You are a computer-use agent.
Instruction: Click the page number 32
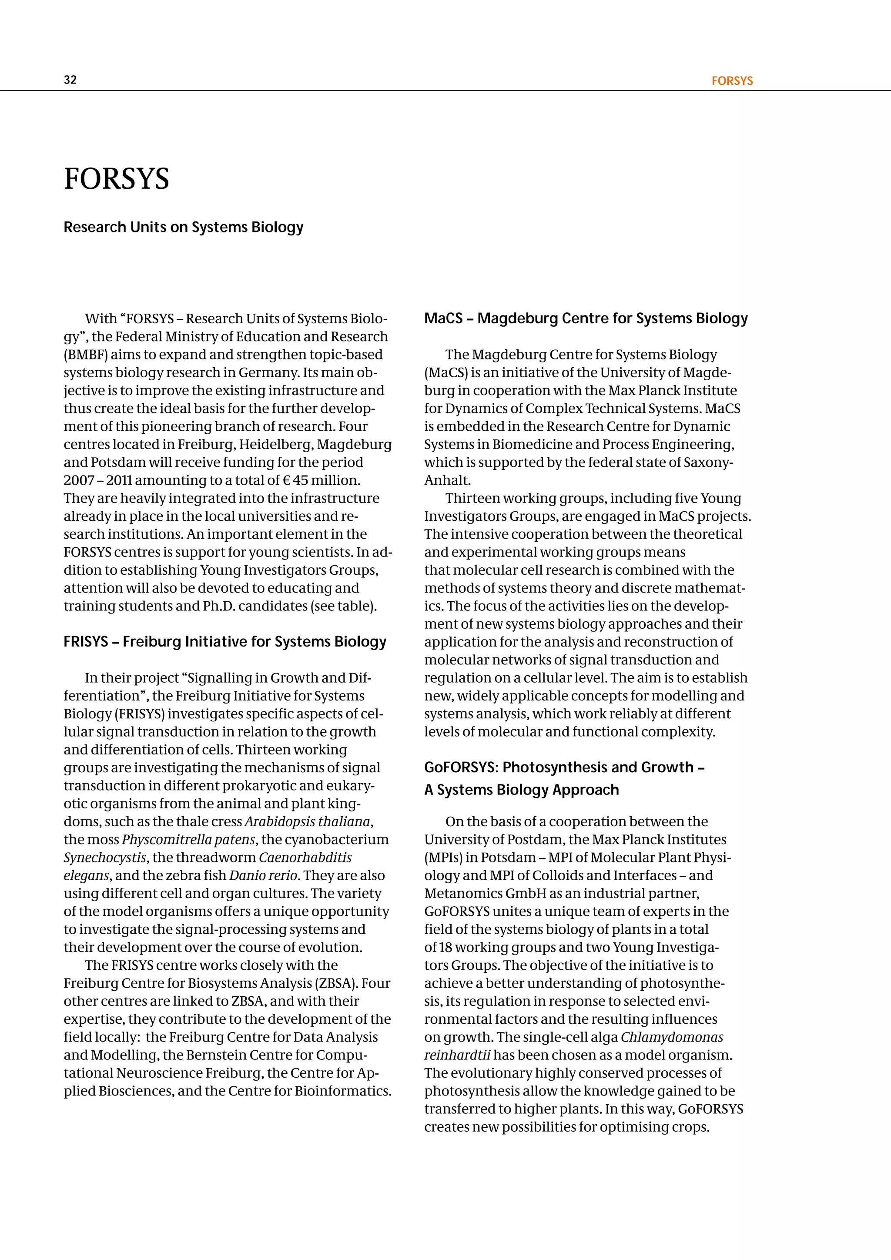(70, 80)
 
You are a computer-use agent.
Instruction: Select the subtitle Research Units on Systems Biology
(183, 227)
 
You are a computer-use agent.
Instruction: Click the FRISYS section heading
(225, 641)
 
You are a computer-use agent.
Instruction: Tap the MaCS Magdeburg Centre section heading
(586, 318)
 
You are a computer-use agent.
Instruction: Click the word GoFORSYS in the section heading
(460, 767)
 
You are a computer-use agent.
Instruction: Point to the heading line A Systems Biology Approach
(521, 790)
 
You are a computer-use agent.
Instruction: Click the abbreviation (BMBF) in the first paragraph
(86, 355)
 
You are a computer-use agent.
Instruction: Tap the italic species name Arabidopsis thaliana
(307, 821)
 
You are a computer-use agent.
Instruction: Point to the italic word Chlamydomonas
(672, 1037)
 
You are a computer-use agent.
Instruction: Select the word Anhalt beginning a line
(447, 480)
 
